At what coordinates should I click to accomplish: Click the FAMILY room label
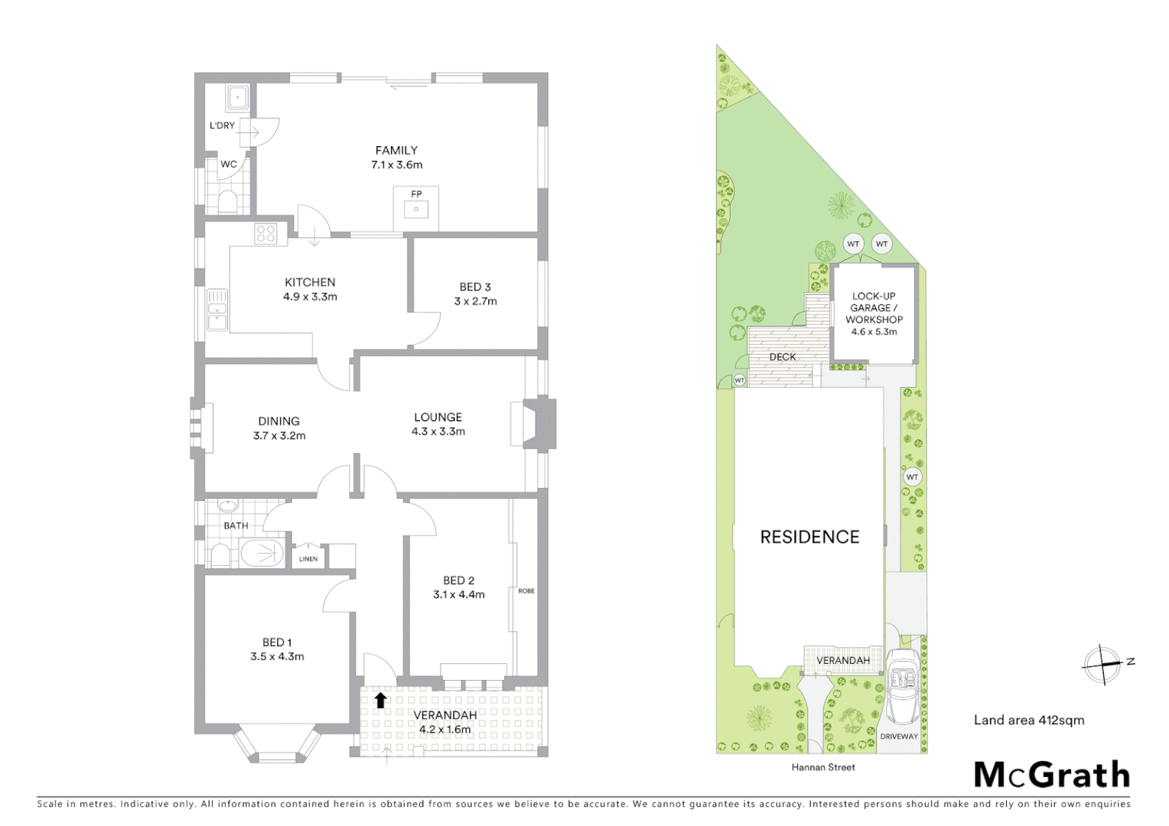click(x=396, y=151)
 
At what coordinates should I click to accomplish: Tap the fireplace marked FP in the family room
click(x=416, y=207)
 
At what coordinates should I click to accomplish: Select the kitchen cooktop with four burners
click(x=265, y=233)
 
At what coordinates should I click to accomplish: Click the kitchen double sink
click(x=217, y=310)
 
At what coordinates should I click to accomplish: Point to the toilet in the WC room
click(x=227, y=202)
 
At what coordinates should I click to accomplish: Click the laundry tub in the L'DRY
click(x=236, y=97)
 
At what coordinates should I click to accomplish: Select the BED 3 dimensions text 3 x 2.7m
click(x=475, y=301)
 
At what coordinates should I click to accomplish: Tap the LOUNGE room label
click(x=438, y=417)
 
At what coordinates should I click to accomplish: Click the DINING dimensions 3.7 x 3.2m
click(x=279, y=436)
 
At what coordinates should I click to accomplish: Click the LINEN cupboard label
click(x=308, y=559)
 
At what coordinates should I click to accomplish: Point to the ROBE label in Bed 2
click(x=526, y=591)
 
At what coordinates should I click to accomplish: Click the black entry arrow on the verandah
click(x=379, y=700)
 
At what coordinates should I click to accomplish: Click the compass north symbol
click(x=1102, y=662)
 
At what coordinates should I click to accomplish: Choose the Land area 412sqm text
click(x=1028, y=720)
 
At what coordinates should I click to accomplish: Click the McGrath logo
click(x=1051, y=775)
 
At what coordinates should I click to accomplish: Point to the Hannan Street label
click(x=823, y=767)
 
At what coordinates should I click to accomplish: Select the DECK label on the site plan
click(x=782, y=357)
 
